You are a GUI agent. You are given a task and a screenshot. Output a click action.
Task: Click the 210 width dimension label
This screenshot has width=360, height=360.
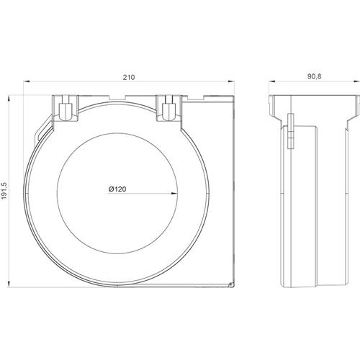129,77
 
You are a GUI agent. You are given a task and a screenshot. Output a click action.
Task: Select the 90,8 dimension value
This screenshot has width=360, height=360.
314,76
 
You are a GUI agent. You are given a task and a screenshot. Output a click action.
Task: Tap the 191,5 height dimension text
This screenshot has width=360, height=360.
5,191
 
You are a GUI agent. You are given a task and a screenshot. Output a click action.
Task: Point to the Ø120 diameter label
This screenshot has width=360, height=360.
117,189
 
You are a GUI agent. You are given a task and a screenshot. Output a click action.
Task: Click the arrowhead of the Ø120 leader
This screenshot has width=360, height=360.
175,193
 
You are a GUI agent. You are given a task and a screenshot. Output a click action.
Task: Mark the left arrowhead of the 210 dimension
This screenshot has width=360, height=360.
27,82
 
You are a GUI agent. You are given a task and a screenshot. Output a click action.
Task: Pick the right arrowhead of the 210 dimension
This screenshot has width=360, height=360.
231,82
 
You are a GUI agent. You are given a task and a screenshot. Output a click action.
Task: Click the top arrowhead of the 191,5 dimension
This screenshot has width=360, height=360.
9,99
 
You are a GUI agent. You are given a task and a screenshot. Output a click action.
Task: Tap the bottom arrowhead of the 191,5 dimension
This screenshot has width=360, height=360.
9,284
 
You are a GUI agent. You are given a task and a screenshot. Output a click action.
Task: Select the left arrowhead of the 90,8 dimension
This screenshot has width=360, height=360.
271,82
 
